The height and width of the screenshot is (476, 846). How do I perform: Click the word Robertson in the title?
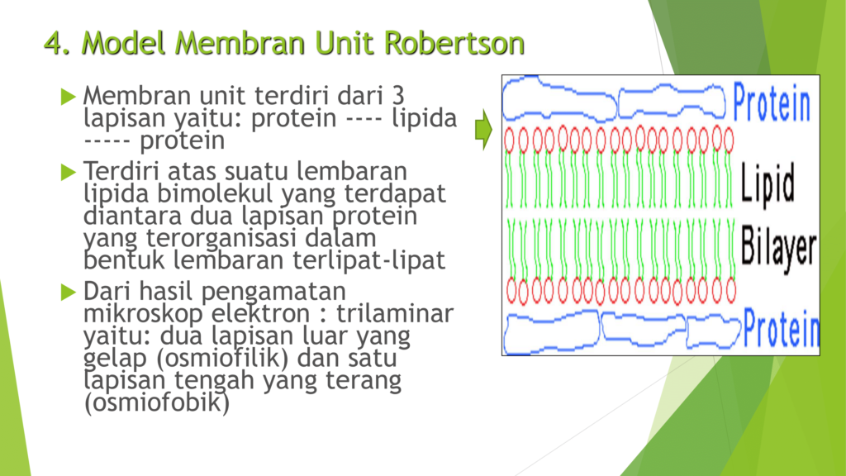454,43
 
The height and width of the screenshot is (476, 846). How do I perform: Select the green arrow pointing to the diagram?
483,130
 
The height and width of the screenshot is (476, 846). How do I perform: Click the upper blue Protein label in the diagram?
772,102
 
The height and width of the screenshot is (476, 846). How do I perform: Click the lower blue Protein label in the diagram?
781,328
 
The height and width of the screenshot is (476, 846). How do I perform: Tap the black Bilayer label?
778,247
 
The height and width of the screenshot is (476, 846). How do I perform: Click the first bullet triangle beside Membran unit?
69,97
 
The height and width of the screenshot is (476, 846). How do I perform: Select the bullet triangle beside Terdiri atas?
69,172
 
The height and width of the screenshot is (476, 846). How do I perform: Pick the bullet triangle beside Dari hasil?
69,292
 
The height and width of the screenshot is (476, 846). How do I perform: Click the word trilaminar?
394,313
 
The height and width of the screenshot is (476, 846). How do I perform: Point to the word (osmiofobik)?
156,402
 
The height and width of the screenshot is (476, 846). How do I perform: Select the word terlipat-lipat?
369,260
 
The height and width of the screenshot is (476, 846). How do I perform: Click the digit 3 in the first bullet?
398,96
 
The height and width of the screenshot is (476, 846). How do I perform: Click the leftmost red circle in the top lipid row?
509,140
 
